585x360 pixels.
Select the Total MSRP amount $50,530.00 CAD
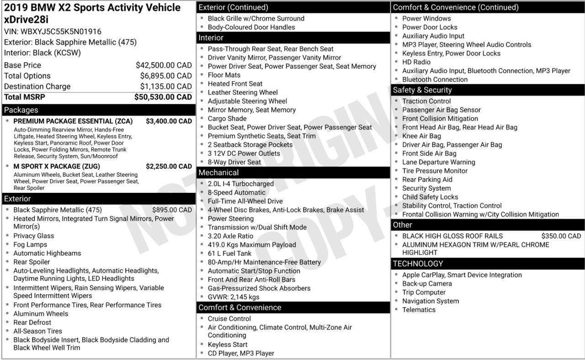(x=163, y=97)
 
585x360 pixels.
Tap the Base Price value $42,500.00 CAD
(x=164, y=65)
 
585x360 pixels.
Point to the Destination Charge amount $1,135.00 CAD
(x=166, y=86)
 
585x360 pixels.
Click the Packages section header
(x=21, y=110)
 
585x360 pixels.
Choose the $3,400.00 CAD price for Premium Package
(x=169, y=121)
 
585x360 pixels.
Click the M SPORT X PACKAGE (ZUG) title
(x=57, y=166)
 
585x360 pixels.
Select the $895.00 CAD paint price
(x=172, y=210)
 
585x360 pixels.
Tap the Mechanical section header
(x=218, y=173)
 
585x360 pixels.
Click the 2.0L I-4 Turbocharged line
(x=240, y=184)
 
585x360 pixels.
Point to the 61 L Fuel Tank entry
(x=229, y=254)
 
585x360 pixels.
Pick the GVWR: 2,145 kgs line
(x=233, y=297)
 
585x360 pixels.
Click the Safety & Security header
(x=422, y=90)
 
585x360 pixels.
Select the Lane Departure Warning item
(x=438, y=162)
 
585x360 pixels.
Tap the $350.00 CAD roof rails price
(x=561, y=236)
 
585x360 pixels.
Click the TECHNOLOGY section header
(x=418, y=264)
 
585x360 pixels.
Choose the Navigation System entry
(x=431, y=301)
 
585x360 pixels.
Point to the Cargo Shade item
(x=227, y=119)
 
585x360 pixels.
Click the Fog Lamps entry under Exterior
(x=30, y=244)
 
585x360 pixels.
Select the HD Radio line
(x=416, y=62)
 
